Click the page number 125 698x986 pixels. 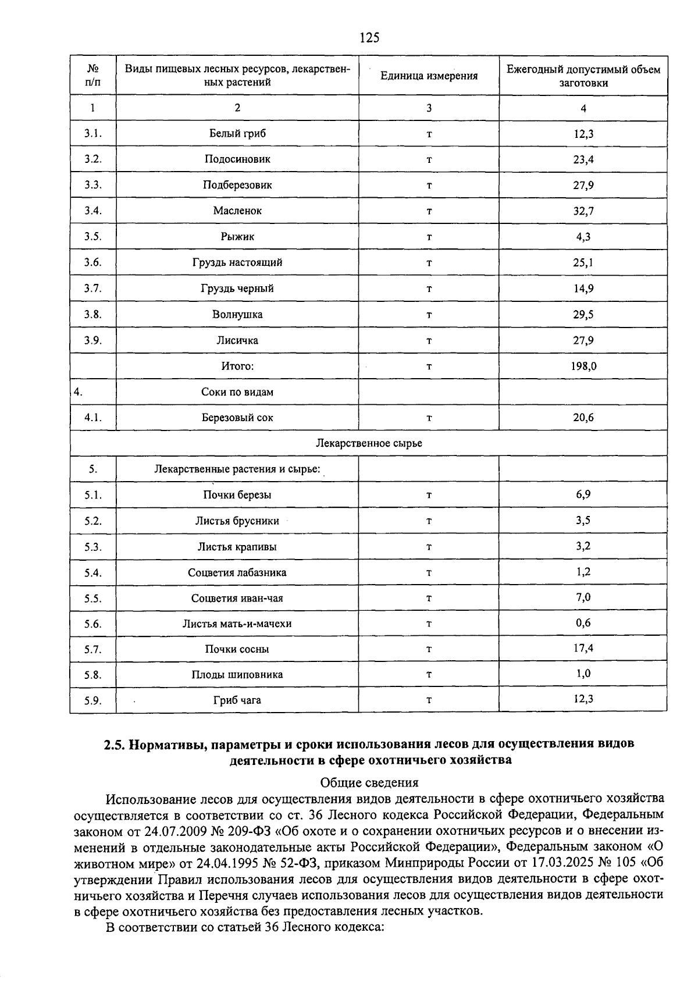pos(369,38)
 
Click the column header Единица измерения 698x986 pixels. pos(429,76)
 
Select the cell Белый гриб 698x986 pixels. pos(237,133)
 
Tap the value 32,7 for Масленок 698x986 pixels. pos(583,211)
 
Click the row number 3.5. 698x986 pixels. pos(92,237)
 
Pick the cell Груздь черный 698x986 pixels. pos(237,289)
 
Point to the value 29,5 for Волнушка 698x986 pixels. pos(583,315)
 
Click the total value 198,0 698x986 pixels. pos(583,366)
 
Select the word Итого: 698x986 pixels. pos(237,366)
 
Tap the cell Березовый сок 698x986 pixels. pos(237,418)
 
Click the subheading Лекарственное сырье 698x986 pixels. pos(369,443)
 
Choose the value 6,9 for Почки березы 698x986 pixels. pos(583,494)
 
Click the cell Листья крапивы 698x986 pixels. pos(237,547)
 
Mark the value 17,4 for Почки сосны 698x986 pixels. pos(583,648)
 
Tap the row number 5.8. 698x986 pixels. pos(92,675)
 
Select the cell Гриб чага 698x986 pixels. pos(237,700)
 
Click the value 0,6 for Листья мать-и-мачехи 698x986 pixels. pos(583,622)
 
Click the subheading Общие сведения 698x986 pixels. pos(369,782)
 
